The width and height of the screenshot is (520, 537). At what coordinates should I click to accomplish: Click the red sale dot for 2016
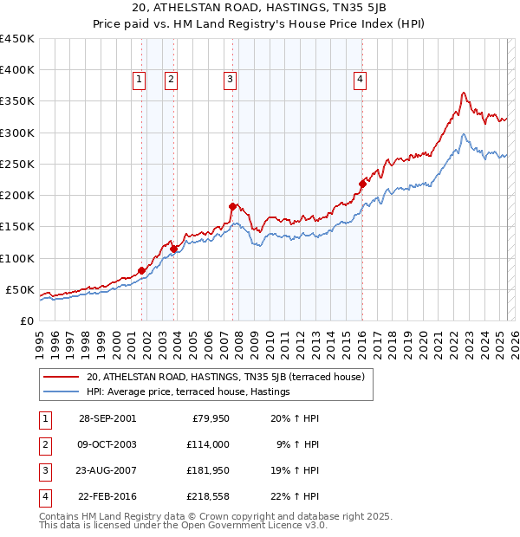coord(362,184)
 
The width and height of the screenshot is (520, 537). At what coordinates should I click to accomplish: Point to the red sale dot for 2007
coord(232,206)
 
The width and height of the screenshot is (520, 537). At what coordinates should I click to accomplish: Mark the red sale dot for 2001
coord(142,270)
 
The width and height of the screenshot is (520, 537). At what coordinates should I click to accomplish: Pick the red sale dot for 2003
coord(173,249)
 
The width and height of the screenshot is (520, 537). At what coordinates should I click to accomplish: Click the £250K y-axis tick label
coord(17,165)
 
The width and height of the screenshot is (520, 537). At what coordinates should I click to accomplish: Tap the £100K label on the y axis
coord(17,258)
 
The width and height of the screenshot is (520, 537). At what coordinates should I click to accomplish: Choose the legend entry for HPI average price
coord(188,392)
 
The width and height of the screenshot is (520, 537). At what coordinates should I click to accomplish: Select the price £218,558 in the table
coord(208,496)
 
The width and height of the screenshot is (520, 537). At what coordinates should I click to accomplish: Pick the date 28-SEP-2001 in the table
coord(107,418)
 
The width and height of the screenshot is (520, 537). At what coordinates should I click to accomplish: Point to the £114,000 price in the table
coord(208,444)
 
